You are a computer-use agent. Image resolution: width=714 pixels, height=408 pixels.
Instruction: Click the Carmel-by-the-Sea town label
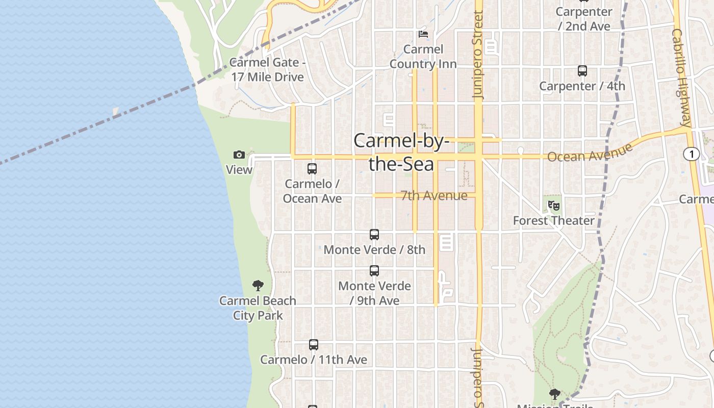coord(401,152)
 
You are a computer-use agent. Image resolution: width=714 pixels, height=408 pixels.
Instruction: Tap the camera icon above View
coord(239,155)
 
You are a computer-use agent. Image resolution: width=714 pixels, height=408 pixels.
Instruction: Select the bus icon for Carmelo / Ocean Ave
coord(312,168)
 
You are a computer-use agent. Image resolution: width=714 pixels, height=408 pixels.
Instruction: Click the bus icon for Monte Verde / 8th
coord(374,235)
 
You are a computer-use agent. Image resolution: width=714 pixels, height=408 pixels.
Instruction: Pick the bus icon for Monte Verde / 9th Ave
coord(374,271)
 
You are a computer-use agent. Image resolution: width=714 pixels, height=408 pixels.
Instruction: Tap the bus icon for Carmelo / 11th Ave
coord(314,345)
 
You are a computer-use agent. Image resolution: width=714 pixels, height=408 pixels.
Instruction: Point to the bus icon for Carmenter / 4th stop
coord(582,71)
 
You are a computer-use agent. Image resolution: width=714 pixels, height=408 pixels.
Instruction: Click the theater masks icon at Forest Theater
coord(554,206)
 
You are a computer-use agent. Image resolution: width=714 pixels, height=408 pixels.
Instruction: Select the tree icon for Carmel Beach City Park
coord(258,286)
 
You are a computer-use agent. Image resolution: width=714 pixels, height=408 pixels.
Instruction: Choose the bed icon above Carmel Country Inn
coord(423,34)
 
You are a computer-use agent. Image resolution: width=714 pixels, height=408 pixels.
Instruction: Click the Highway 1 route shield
coord(692,154)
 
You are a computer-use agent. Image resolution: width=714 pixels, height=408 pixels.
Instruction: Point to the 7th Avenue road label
coord(434,196)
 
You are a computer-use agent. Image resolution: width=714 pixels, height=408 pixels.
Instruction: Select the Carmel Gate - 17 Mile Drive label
coord(268,70)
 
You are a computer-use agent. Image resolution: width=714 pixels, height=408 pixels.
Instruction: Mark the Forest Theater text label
coord(554,221)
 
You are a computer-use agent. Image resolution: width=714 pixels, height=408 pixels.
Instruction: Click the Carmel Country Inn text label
coord(423,57)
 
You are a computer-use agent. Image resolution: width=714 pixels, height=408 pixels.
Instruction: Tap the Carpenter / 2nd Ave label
coord(584,19)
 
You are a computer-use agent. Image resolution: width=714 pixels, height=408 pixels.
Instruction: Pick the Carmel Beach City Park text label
coord(258,308)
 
